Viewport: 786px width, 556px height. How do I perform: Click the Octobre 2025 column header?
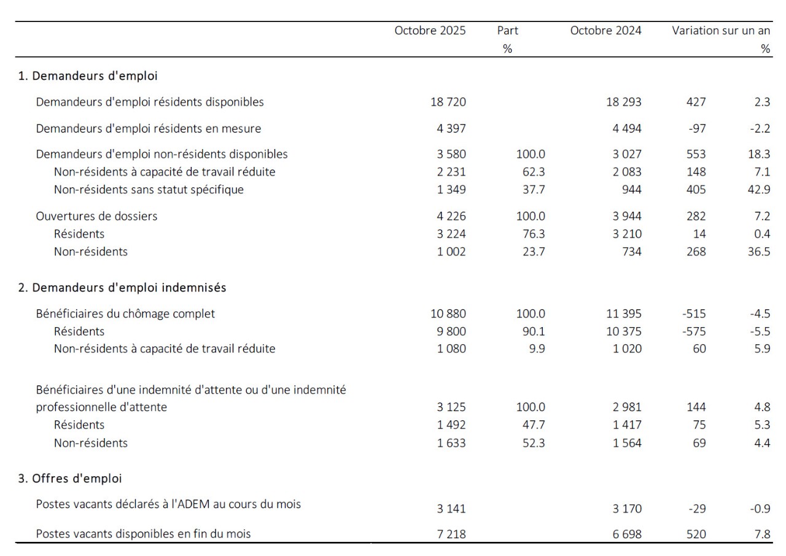[x=430, y=31]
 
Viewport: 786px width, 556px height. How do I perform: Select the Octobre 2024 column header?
[x=605, y=31]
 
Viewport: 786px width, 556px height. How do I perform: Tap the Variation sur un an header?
[x=721, y=31]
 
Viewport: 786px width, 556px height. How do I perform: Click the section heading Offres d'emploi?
[x=69, y=478]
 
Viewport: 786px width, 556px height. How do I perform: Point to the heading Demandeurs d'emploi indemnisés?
[x=122, y=287]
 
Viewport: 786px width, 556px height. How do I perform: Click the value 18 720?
[x=448, y=102]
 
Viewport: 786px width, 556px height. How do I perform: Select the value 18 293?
[x=624, y=102]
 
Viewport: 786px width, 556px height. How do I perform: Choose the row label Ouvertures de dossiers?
[x=97, y=216]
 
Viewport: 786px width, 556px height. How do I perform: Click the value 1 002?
[x=451, y=252]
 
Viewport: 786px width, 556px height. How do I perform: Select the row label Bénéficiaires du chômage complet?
[x=126, y=314]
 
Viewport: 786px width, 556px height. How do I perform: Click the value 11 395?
[x=624, y=314]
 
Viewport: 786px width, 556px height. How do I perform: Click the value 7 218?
[x=451, y=535]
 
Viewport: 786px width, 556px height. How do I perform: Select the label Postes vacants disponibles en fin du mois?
[x=144, y=534]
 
